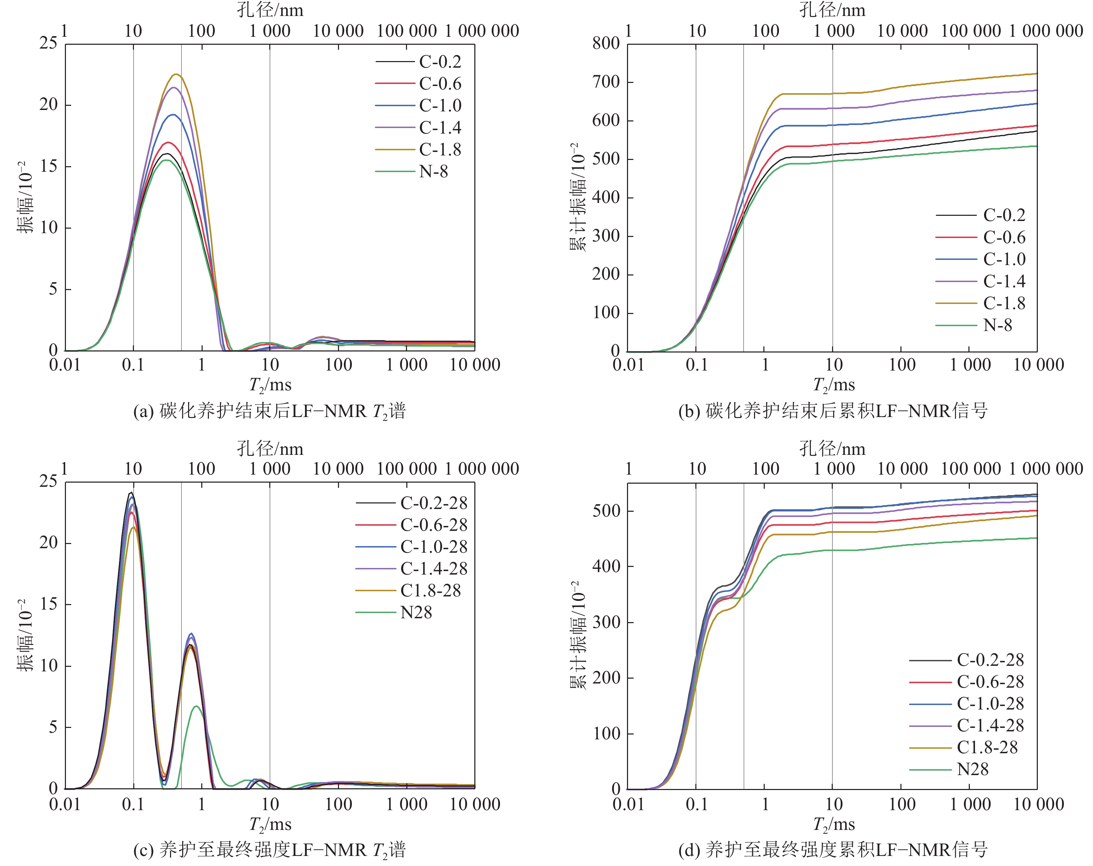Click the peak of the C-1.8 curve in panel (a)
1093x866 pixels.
pos(176,75)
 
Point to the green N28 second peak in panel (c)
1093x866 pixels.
pos(196,706)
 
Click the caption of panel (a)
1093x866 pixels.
pos(270,411)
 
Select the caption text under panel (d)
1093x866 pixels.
pos(833,850)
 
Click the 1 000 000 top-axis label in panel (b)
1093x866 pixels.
pos(1045,31)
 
